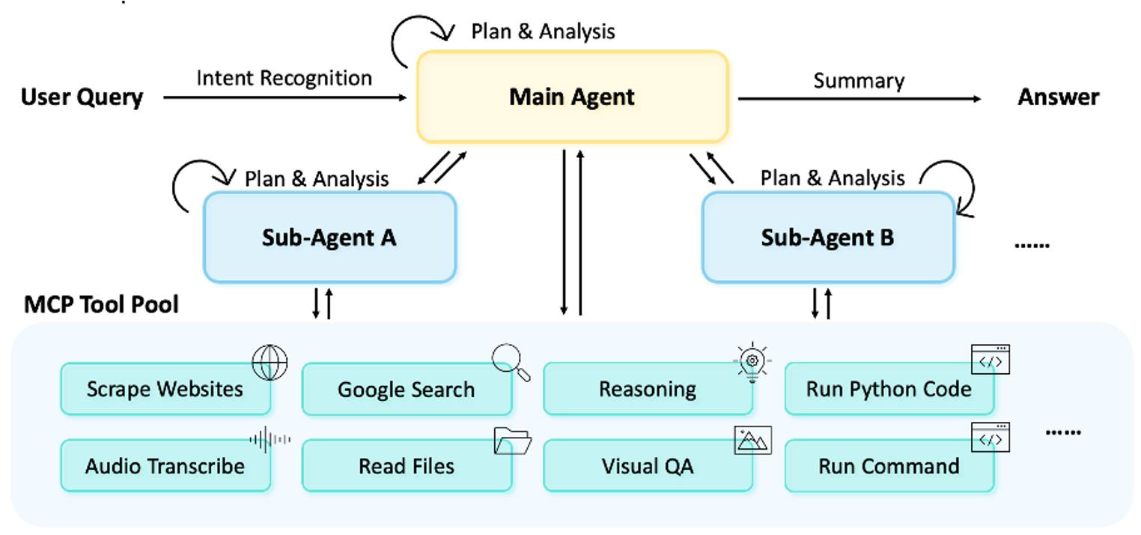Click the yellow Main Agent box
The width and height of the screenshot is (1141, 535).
pos(572,97)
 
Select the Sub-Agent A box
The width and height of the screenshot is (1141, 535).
pos(329,238)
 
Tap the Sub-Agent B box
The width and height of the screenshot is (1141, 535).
pos(827,238)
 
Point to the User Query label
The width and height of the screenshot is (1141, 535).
pos(82,97)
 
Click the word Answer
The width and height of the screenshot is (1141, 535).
pos(1058,97)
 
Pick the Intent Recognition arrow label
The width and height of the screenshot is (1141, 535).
pos(284,78)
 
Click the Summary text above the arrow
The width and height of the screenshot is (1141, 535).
pos(859,81)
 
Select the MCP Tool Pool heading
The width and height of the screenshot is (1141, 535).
pos(102,305)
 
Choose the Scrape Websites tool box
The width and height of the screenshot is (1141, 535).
pos(165,389)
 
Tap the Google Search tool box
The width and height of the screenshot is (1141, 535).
pos(406,390)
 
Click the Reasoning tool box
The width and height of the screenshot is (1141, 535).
pos(648,389)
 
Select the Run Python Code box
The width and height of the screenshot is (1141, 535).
pos(889,389)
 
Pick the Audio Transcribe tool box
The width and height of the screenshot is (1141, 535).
pos(165,466)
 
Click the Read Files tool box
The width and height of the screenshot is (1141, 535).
pos(406,466)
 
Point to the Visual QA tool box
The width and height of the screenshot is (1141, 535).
pos(648,466)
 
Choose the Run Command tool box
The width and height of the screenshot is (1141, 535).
pos(889,466)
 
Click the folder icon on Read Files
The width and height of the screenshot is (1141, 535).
pos(512,441)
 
